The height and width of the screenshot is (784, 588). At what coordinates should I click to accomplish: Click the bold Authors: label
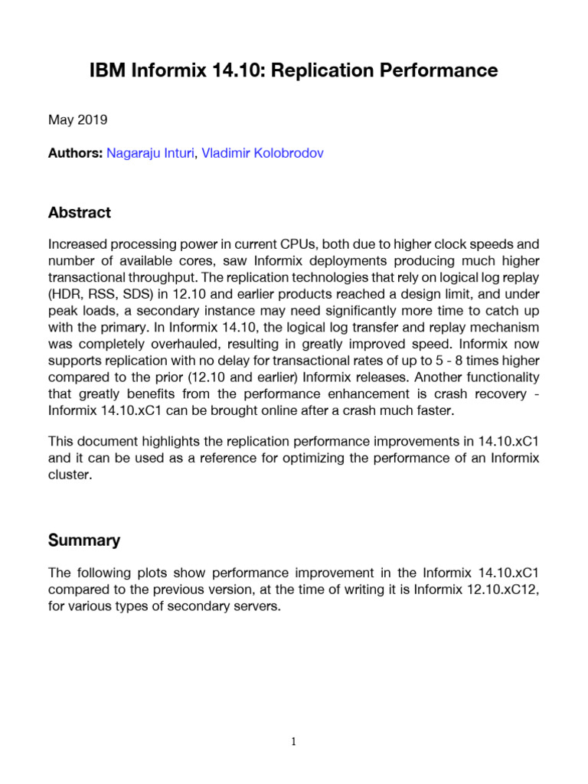75,153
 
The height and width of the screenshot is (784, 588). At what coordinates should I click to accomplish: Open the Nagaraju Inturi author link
150,153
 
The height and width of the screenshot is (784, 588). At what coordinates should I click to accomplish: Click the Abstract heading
80,213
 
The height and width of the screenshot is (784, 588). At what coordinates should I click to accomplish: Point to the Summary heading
84,541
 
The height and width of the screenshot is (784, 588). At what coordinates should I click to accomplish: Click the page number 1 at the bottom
294,741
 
